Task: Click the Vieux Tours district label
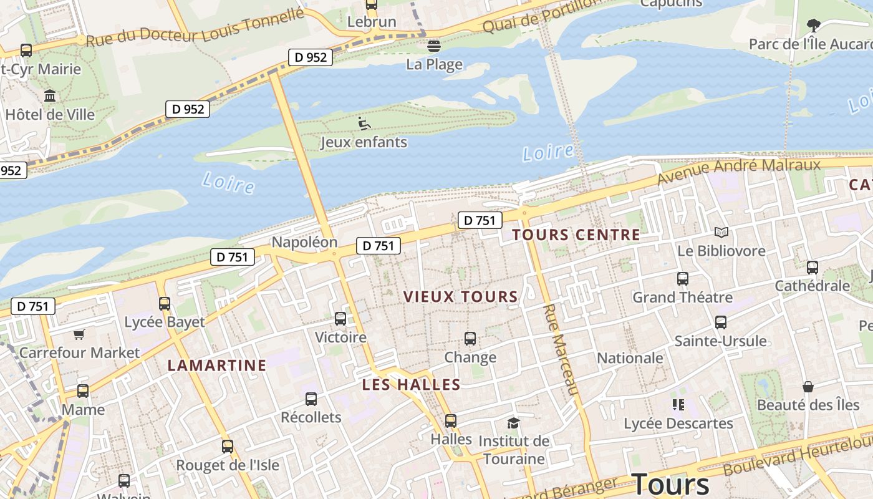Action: pyautogui.click(x=461, y=296)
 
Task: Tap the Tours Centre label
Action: pyautogui.click(x=576, y=235)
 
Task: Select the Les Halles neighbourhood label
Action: pyautogui.click(x=412, y=385)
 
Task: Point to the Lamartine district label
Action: pyautogui.click(x=217, y=365)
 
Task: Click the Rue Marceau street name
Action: pyautogui.click(x=561, y=349)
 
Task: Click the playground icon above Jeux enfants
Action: pyautogui.click(x=364, y=124)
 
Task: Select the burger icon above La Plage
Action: pyautogui.click(x=434, y=46)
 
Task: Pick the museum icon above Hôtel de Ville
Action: pyautogui.click(x=50, y=96)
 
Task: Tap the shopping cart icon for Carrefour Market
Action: pyautogui.click(x=79, y=335)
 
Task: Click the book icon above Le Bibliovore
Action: pyautogui.click(x=721, y=233)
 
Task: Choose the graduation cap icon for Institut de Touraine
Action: pyautogui.click(x=513, y=424)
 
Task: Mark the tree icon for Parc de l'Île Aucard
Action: pyautogui.click(x=813, y=26)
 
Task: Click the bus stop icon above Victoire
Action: pyautogui.click(x=340, y=319)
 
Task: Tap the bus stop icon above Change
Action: pyautogui.click(x=470, y=339)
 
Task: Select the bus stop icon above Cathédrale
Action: pyautogui.click(x=812, y=268)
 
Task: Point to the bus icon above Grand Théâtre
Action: pyautogui.click(x=683, y=279)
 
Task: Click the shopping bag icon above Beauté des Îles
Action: pyautogui.click(x=808, y=387)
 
